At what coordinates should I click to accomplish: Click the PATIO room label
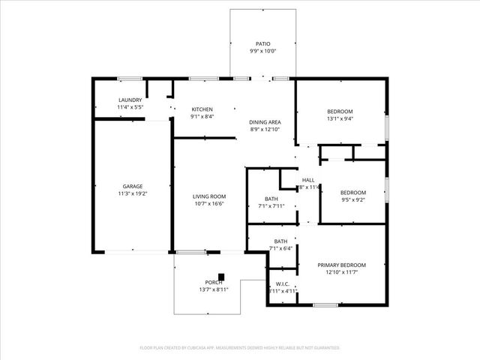click(x=263, y=43)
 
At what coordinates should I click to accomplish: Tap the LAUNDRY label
click(x=130, y=100)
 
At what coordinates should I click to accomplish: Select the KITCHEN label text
click(x=202, y=109)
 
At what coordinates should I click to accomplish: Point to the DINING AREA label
click(x=265, y=121)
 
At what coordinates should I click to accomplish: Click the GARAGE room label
click(x=133, y=186)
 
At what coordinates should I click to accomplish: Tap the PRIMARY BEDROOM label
click(x=341, y=265)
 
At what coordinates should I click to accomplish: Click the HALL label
click(x=308, y=180)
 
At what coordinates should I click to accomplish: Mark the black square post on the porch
click(x=220, y=276)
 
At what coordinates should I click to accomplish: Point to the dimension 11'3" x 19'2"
click(x=133, y=193)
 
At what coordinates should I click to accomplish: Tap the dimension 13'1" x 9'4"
click(x=340, y=118)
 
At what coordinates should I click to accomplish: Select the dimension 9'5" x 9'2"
click(x=352, y=199)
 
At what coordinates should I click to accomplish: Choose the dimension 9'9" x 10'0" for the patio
click(x=263, y=51)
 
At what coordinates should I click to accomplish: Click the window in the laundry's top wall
click(x=130, y=78)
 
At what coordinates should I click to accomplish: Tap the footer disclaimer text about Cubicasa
click(x=240, y=348)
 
